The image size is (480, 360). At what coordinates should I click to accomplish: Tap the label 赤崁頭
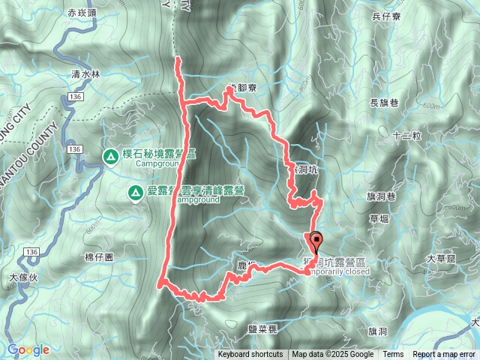tap(82, 13)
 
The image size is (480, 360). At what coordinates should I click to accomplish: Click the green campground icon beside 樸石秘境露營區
tap(110, 156)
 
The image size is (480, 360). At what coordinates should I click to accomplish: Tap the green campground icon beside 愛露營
tap(135, 193)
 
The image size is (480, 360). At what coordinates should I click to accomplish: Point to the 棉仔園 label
tap(99, 256)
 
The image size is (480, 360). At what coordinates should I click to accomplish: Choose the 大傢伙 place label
tap(22, 277)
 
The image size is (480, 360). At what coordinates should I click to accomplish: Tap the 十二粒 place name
tap(407, 136)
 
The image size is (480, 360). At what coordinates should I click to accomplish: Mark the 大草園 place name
tap(441, 259)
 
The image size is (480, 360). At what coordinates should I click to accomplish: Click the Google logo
tap(28, 349)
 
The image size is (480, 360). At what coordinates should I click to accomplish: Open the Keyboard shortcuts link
tap(250, 355)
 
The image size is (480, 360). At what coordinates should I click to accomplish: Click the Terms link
tap(393, 355)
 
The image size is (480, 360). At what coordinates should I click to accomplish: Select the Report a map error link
tap(445, 355)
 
